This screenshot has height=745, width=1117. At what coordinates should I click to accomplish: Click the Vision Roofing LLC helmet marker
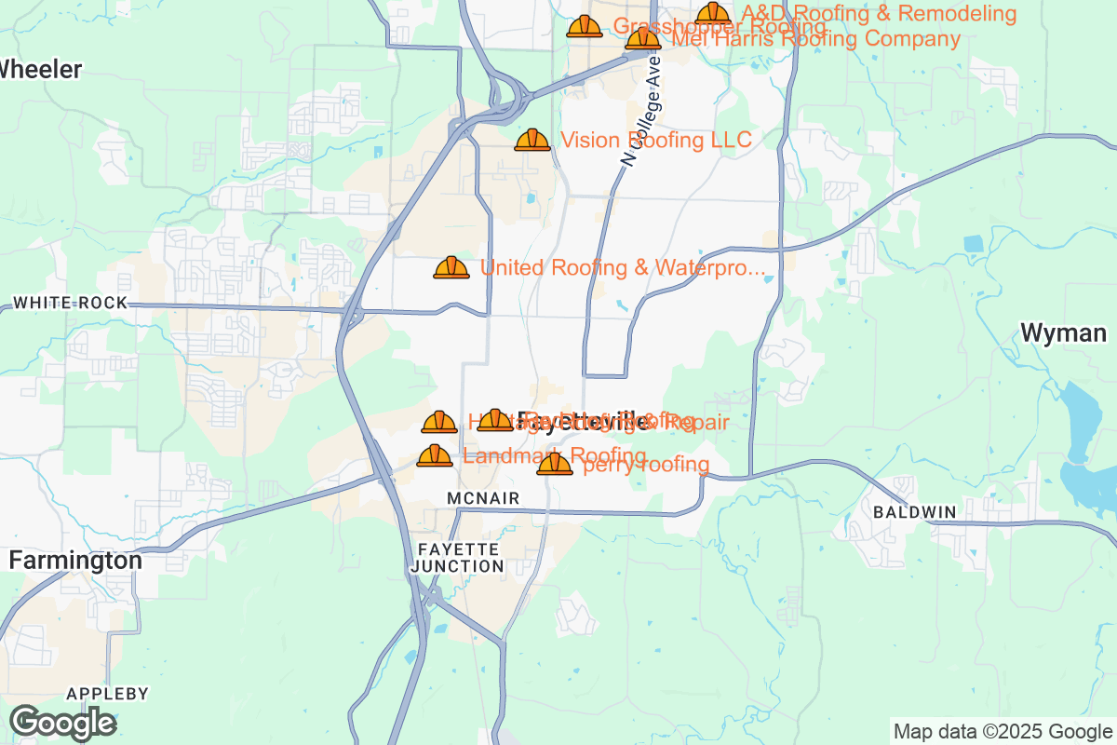point(532,140)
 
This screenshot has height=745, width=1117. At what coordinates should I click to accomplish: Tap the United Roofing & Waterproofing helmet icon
point(451,267)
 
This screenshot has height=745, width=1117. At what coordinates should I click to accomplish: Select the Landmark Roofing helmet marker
point(435,455)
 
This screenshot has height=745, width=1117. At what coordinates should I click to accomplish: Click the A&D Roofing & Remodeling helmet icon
point(713,12)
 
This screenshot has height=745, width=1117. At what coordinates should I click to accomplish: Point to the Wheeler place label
point(41,69)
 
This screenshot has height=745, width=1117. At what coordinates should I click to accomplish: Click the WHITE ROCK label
point(70,304)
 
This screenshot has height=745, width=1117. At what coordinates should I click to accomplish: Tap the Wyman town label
point(1063,333)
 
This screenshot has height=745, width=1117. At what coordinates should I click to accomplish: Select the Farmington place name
point(75,561)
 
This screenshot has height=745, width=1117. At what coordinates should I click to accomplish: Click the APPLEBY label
point(108,694)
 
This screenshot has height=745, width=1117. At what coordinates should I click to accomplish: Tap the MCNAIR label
point(482,499)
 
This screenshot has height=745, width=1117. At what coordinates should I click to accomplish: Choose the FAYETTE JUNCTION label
point(456,557)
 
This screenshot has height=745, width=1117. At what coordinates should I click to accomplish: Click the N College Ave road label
point(641,110)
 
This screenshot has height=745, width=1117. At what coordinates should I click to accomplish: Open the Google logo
point(63,723)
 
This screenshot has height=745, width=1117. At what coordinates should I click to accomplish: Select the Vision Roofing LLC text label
point(655,140)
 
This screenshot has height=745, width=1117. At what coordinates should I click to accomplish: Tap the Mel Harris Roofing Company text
point(815,39)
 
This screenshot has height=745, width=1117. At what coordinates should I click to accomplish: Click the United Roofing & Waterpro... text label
point(622,268)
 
